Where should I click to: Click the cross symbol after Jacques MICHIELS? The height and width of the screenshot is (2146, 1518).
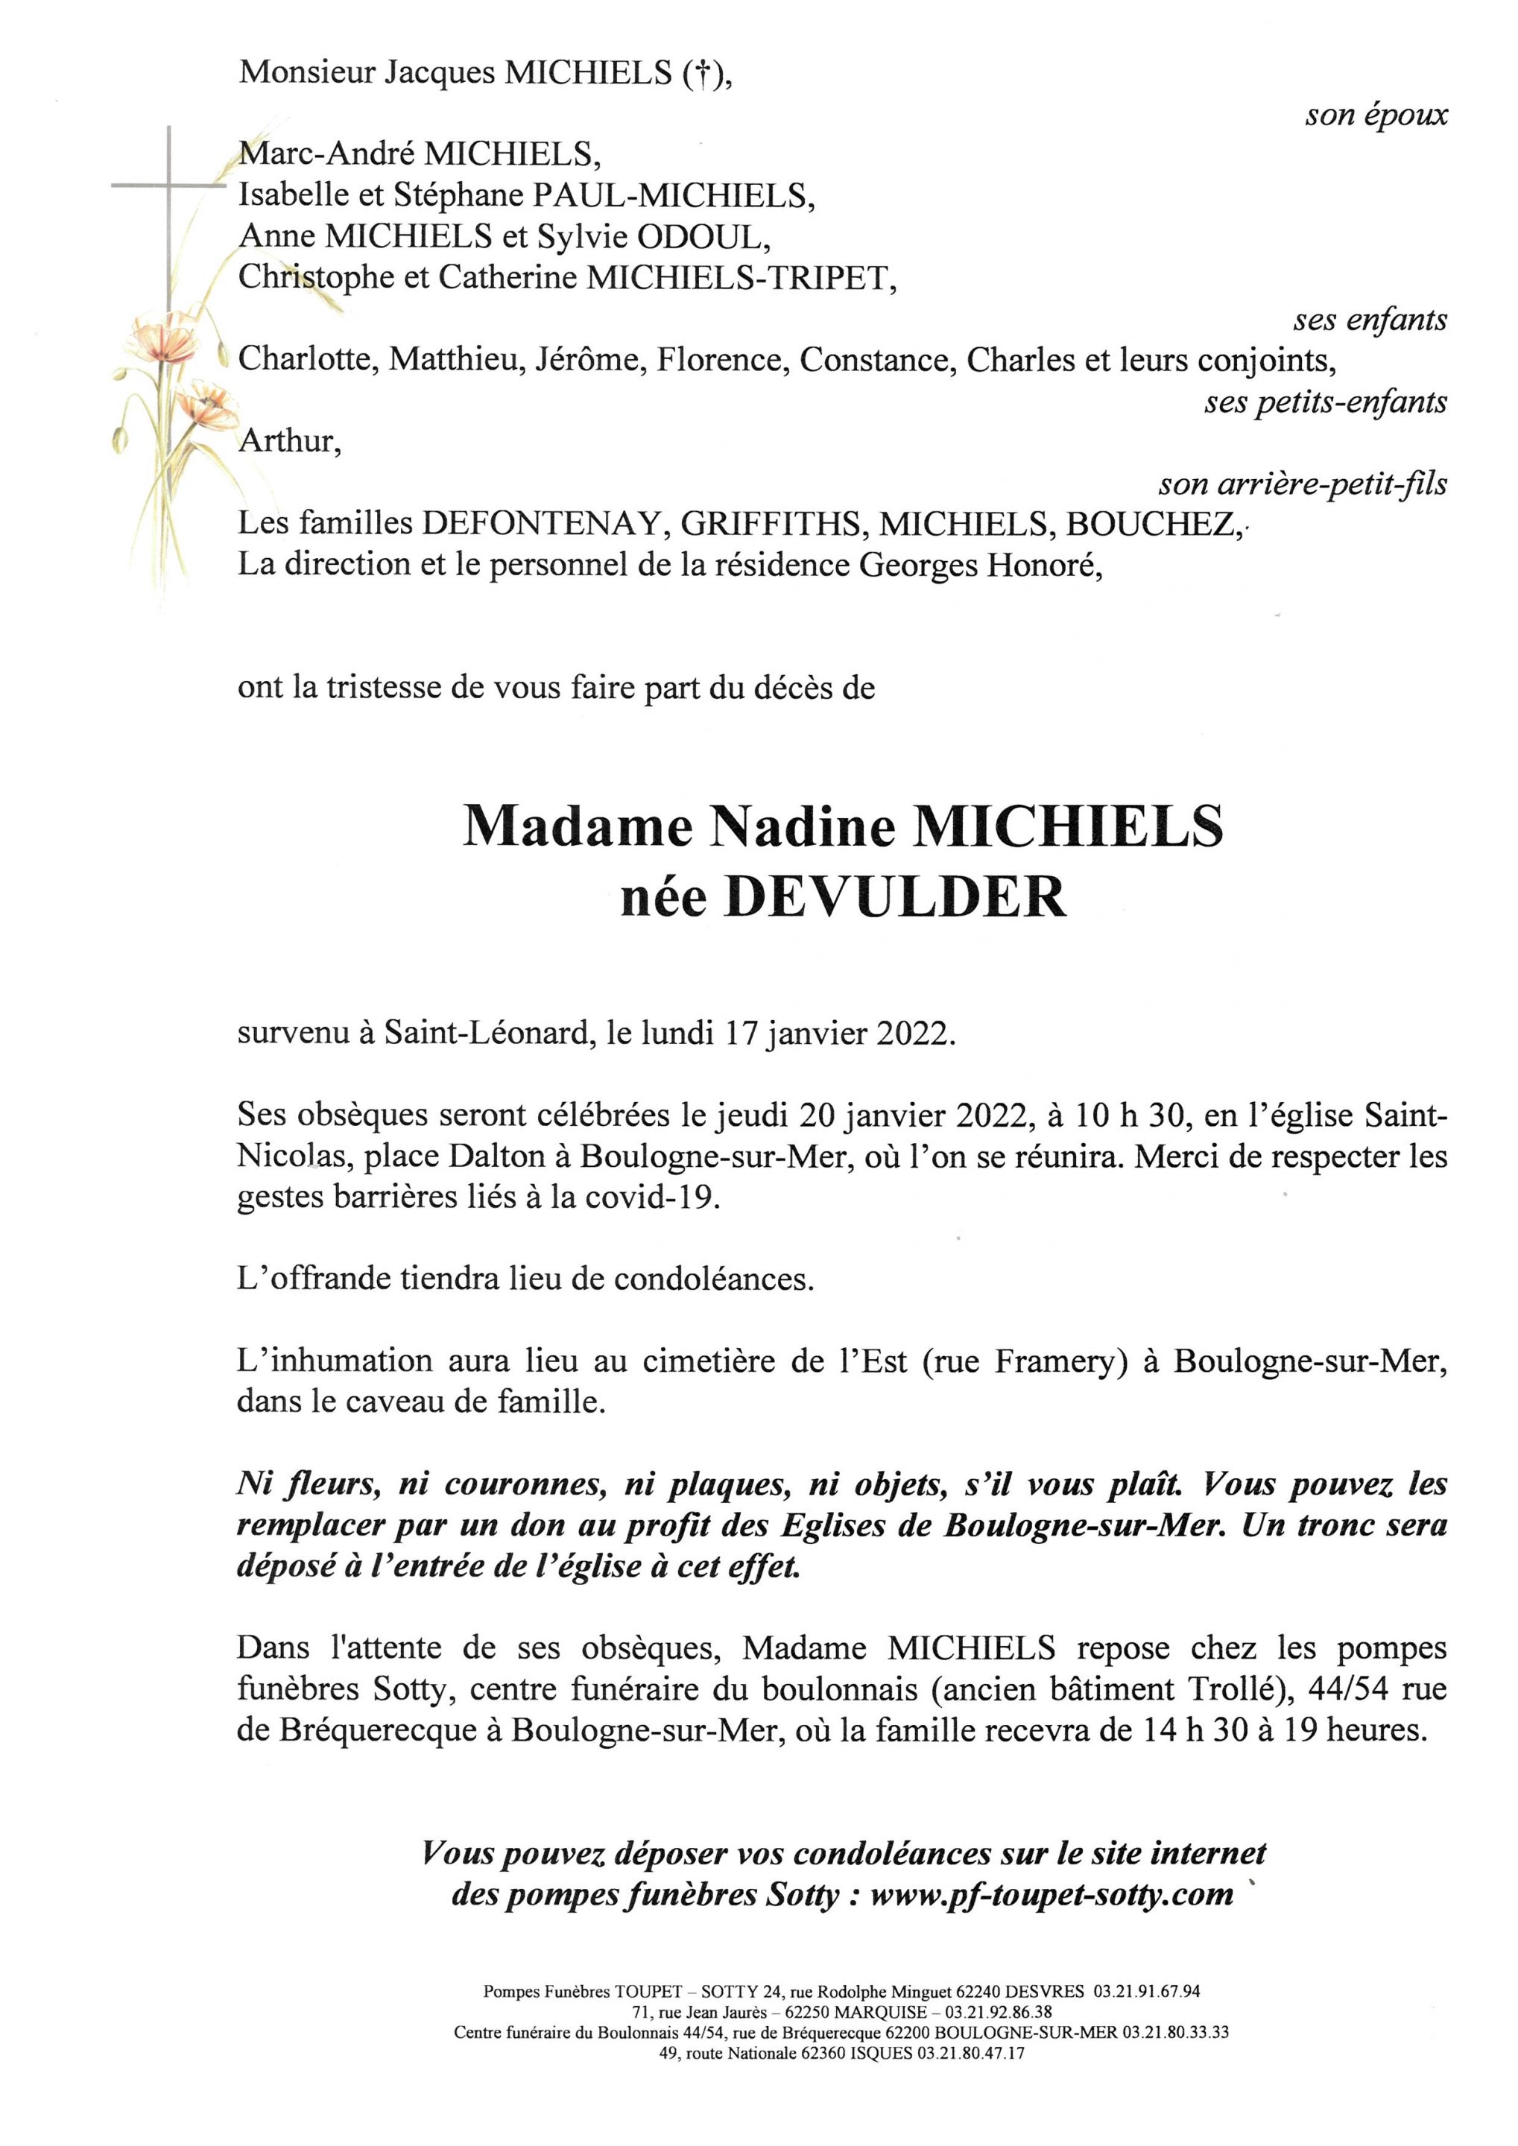pos(695,74)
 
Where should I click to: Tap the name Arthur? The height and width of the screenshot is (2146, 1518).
pos(288,441)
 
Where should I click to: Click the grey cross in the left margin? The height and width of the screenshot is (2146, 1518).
pos(169,187)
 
